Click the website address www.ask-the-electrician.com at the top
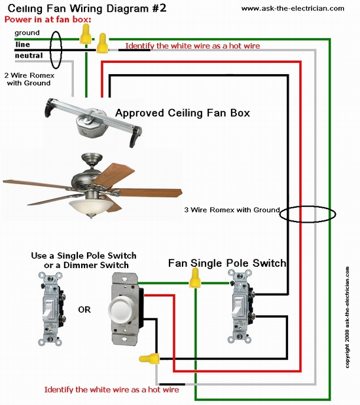293,9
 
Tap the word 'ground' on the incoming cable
27,33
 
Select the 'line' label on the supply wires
23,45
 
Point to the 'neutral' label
29,56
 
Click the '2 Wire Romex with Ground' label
29,79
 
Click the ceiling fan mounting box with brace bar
94,122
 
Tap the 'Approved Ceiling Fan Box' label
183,113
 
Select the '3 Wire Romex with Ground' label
232,210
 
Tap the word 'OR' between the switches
84,309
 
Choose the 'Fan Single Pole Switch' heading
227,263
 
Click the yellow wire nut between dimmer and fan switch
195,278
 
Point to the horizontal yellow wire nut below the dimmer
149,358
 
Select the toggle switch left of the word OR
50,309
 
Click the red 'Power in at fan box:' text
48,20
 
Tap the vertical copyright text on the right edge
348,317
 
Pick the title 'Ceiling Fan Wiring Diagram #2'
87,9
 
